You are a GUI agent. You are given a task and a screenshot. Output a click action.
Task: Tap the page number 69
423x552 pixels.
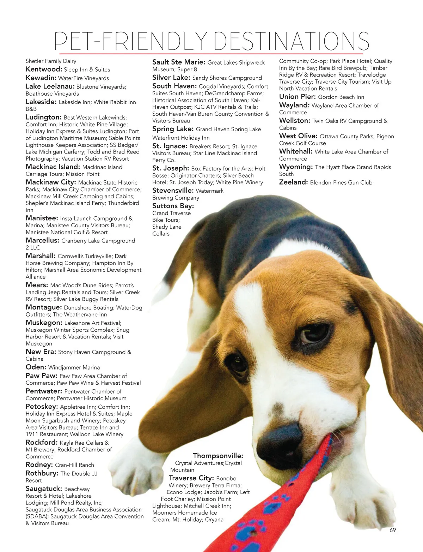pyautogui.click(x=393, y=530)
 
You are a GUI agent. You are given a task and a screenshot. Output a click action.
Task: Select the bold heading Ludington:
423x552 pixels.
pyautogui.click(x=44, y=117)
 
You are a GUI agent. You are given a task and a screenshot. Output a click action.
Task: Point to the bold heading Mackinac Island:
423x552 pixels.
pyautogui.click(x=53, y=167)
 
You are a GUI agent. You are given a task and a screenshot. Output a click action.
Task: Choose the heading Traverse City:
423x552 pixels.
pyautogui.click(x=191, y=478)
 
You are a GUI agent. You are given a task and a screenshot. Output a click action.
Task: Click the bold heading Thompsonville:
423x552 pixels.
pyautogui.click(x=218, y=456)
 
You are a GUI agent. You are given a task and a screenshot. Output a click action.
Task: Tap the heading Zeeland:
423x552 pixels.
pyautogui.click(x=294, y=182)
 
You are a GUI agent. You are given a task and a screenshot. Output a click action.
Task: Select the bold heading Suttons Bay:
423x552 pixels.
pyautogui.click(x=173, y=206)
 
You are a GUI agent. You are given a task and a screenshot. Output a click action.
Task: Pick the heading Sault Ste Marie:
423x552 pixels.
pyautogui.click(x=179, y=62)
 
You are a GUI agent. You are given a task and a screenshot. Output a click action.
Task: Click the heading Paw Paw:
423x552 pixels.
pyautogui.click(x=41, y=376)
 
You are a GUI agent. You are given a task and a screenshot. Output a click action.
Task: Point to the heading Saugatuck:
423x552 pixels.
pyautogui.click(x=44, y=489)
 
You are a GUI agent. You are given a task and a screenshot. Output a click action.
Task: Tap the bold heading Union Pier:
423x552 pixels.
pyautogui.click(x=297, y=97)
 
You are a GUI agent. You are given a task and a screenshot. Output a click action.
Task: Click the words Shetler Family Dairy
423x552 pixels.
pyautogui.click(x=51, y=61)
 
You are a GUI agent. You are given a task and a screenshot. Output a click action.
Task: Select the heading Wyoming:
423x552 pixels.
pyautogui.click(x=296, y=167)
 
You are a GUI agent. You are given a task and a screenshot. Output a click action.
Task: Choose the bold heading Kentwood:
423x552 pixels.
pyautogui.click(x=44, y=70)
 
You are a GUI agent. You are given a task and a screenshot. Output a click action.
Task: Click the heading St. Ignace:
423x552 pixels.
pyautogui.click(x=170, y=146)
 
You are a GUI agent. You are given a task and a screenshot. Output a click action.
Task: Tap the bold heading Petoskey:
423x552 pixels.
pyautogui.click(x=42, y=407)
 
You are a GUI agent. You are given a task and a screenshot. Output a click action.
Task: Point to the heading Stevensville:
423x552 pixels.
pyautogui.click(x=173, y=191)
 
